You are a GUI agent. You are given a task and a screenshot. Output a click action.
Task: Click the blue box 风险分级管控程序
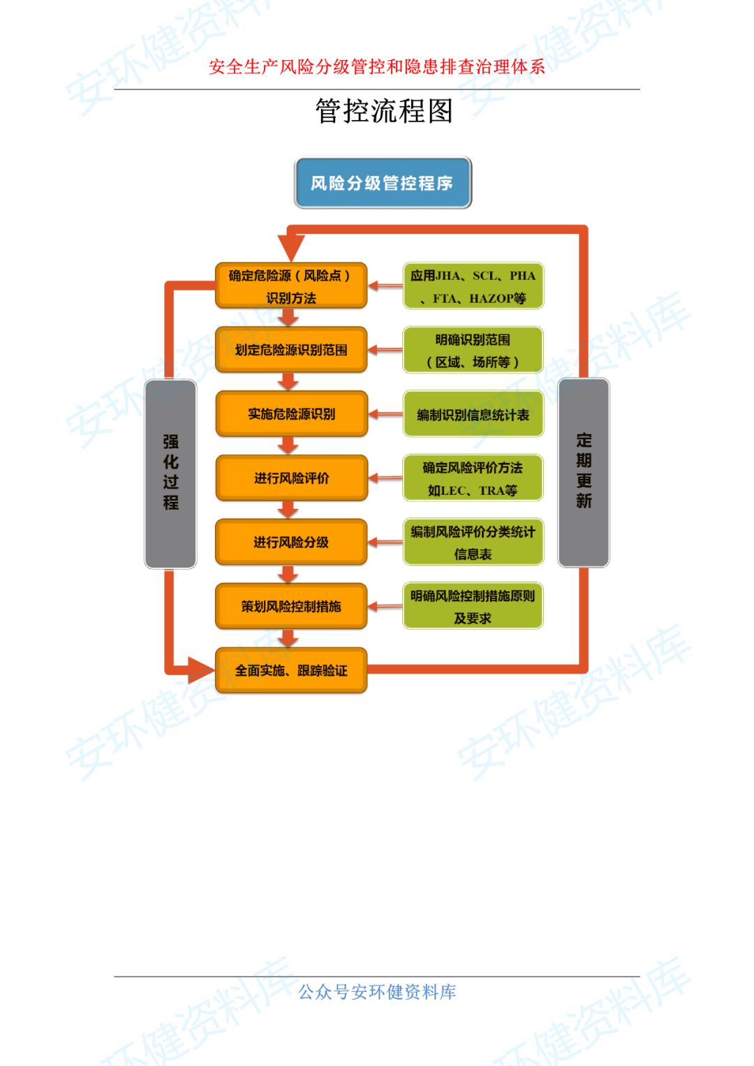[383, 183]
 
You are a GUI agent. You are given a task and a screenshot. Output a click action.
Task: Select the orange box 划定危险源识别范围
[291, 350]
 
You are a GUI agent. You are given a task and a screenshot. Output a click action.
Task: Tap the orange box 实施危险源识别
[291, 414]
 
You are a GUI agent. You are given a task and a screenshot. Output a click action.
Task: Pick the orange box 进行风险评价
[291, 478]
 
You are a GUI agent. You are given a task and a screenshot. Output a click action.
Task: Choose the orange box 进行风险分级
[291, 542]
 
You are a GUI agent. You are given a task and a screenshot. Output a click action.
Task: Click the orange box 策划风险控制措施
[291, 607]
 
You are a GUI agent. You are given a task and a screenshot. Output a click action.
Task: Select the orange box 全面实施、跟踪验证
[291, 671]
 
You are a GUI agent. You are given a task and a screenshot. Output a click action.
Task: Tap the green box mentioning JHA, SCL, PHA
[473, 286]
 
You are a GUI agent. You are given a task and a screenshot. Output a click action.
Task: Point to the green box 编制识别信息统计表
[473, 415]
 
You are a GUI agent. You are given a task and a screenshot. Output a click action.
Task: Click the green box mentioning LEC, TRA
[473, 479]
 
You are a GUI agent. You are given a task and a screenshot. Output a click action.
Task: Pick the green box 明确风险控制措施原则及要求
[473, 607]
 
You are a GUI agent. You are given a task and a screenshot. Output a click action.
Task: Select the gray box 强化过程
[170, 473]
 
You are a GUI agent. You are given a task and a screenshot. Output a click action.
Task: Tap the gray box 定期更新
[584, 472]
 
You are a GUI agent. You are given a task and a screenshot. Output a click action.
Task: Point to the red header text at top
[377, 67]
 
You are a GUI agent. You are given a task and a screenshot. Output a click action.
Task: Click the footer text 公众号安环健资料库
[377, 992]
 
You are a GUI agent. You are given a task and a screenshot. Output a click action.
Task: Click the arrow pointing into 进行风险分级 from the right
[385, 542]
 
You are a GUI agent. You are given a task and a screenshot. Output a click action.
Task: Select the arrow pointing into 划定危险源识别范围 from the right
[385, 350]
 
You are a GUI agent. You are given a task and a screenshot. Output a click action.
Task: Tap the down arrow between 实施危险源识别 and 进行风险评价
[288, 445]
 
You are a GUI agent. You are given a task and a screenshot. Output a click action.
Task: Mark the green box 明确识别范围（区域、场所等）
[473, 350]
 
